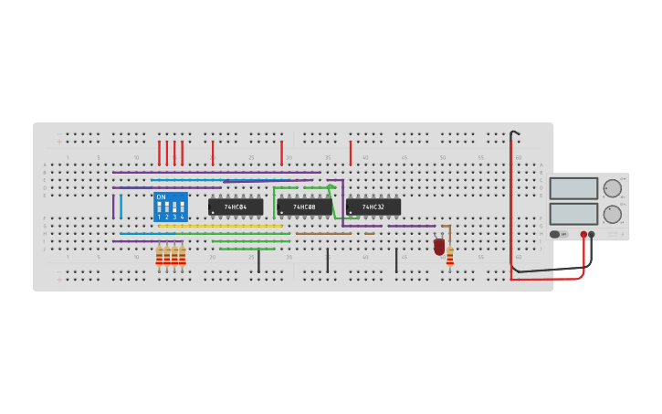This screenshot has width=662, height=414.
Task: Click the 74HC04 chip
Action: tap(236, 207)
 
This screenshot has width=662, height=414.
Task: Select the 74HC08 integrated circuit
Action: tap(304, 207)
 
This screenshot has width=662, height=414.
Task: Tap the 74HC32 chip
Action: tap(373, 207)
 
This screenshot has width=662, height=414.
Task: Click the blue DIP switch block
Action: tap(171, 207)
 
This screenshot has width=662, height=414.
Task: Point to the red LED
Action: tap(439, 247)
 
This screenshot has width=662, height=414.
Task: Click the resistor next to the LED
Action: tap(450, 256)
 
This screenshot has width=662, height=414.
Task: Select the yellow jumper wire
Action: tap(219, 226)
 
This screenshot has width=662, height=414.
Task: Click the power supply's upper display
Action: tap(573, 188)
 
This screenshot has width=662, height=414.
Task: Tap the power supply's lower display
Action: tap(573, 214)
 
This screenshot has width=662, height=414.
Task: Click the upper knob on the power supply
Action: tap(612, 188)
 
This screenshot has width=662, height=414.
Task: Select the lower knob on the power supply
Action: tap(612, 215)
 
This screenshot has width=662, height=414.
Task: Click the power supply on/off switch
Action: tap(555, 235)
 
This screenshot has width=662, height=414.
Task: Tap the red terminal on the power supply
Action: tap(583, 235)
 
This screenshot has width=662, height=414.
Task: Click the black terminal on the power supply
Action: tap(592, 235)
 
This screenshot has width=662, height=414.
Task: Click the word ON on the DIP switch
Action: tap(161, 197)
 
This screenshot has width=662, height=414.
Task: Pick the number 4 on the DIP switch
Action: tap(183, 218)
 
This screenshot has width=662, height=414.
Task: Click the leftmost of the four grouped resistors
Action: tap(159, 257)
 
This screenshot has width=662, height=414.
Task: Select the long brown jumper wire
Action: tap(322, 233)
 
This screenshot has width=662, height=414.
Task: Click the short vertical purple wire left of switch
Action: tap(113, 207)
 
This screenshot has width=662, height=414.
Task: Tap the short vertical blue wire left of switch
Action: tap(121, 207)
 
